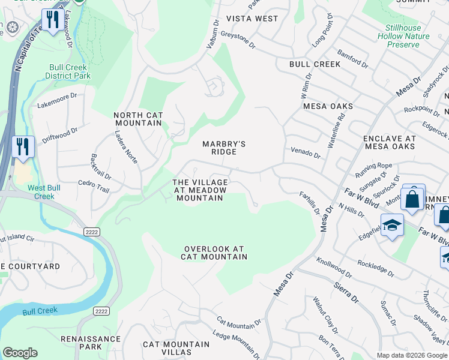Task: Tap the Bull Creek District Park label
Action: (67, 71)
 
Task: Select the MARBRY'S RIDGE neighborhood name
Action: (224, 148)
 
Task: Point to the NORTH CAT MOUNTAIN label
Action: (137, 119)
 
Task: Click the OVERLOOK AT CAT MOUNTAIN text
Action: (215, 253)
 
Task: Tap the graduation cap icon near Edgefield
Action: (392, 226)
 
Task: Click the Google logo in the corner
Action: (20, 353)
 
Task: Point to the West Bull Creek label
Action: (40, 192)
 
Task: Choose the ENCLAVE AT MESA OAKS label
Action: (389, 142)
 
